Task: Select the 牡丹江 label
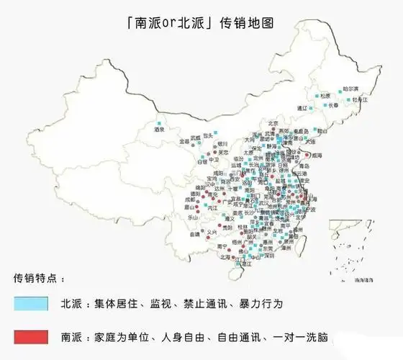click(x=359, y=99)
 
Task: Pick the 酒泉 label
click(x=159, y=130)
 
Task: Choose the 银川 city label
click(x=222, y=143)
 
